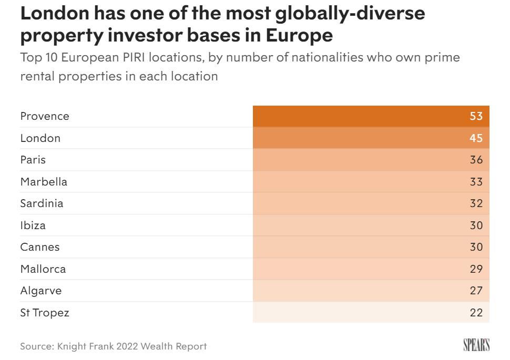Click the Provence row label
pos(45,116)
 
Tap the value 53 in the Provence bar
pos(476,116)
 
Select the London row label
pos(40,138)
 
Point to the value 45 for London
pos(476,138)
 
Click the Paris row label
pos(33,160)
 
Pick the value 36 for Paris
pos(476,160)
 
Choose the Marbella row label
pos(44,182)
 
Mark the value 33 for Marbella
pos(476,182)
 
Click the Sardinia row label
pos(42,203)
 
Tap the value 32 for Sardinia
pos(476,203)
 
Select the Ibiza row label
pos(33,225)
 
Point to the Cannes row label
pos(40,247)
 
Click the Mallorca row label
pos(43,269)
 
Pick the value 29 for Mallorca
pos(476,269)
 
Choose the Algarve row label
pos(41,291)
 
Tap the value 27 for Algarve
pos(476,291)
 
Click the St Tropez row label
pos(45,313)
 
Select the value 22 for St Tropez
pos(476,313)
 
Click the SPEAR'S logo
pos(476,345)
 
